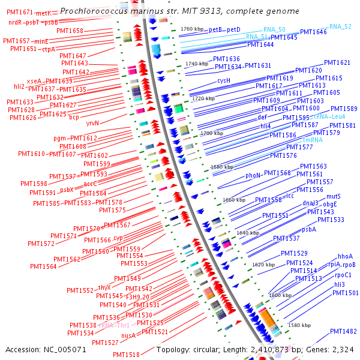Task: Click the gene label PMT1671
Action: tap(20, 13)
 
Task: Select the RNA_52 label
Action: tap(340, 26)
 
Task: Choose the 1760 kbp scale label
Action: tap(192, 29)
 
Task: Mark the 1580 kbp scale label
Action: tap(299, 325)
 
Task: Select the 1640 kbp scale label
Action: tap(248, 232)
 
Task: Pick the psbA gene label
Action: tap(308, 229)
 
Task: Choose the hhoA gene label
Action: tap(345, 257)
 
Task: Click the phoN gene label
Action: tap(253, 176)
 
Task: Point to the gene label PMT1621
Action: tap(337, 62)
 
